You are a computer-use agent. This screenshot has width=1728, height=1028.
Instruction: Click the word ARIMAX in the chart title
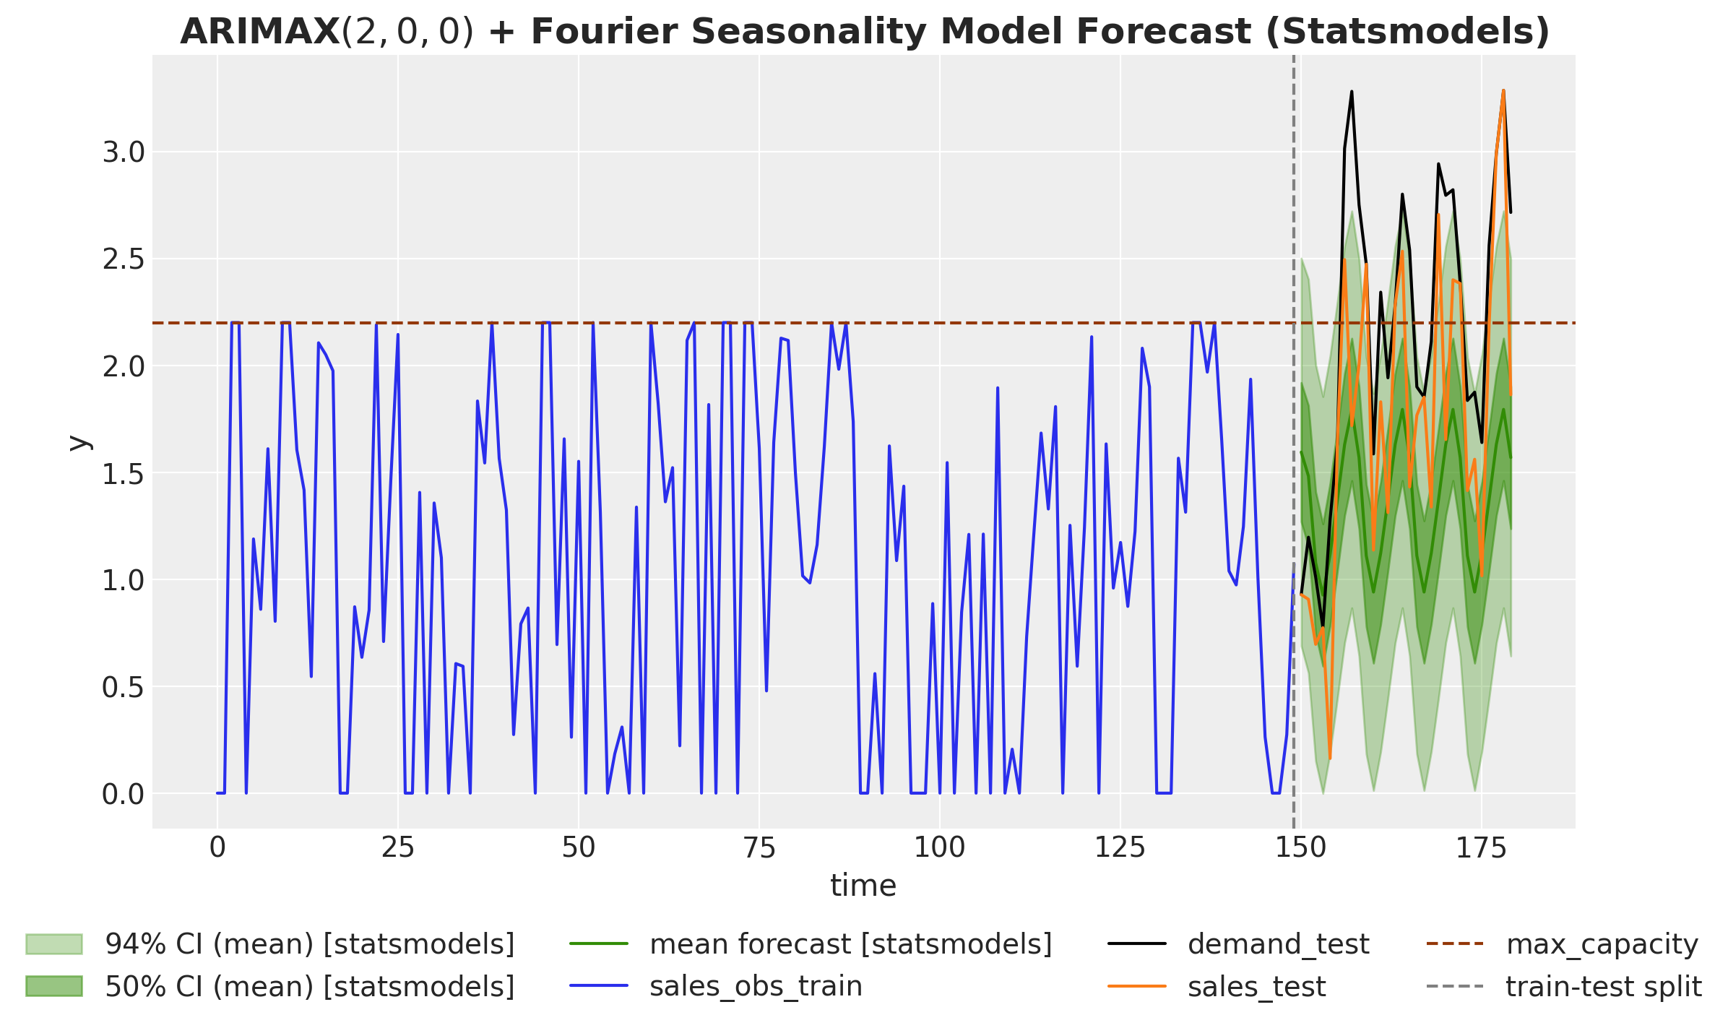260,32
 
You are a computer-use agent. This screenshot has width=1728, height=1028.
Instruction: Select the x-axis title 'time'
863,886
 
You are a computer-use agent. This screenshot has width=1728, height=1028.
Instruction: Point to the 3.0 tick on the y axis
124,153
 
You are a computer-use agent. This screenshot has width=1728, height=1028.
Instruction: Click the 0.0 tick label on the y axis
124,795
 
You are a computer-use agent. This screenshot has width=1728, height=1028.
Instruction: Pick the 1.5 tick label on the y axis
124,474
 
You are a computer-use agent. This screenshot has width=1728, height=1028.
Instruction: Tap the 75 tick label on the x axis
759,848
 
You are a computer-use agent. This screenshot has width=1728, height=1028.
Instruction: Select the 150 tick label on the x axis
1300,848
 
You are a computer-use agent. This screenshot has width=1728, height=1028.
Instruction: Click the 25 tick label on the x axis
398,848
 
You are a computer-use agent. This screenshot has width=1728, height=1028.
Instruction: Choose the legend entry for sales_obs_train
756,986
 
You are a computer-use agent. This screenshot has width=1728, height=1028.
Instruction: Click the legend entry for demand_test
1278,944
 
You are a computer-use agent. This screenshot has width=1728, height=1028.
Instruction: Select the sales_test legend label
1256,986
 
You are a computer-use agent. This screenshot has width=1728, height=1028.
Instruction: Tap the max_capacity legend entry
1602,944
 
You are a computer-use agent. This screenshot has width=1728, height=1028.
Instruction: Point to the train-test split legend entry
1603,986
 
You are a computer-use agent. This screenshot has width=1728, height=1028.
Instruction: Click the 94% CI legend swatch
54,944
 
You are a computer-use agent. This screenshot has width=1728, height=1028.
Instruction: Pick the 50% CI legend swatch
54,986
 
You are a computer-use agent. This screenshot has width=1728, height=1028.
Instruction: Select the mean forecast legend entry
850,944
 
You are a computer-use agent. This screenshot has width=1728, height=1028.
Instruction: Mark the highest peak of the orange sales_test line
1503,91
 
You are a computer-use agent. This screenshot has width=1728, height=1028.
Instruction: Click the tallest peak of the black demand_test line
1352,92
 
